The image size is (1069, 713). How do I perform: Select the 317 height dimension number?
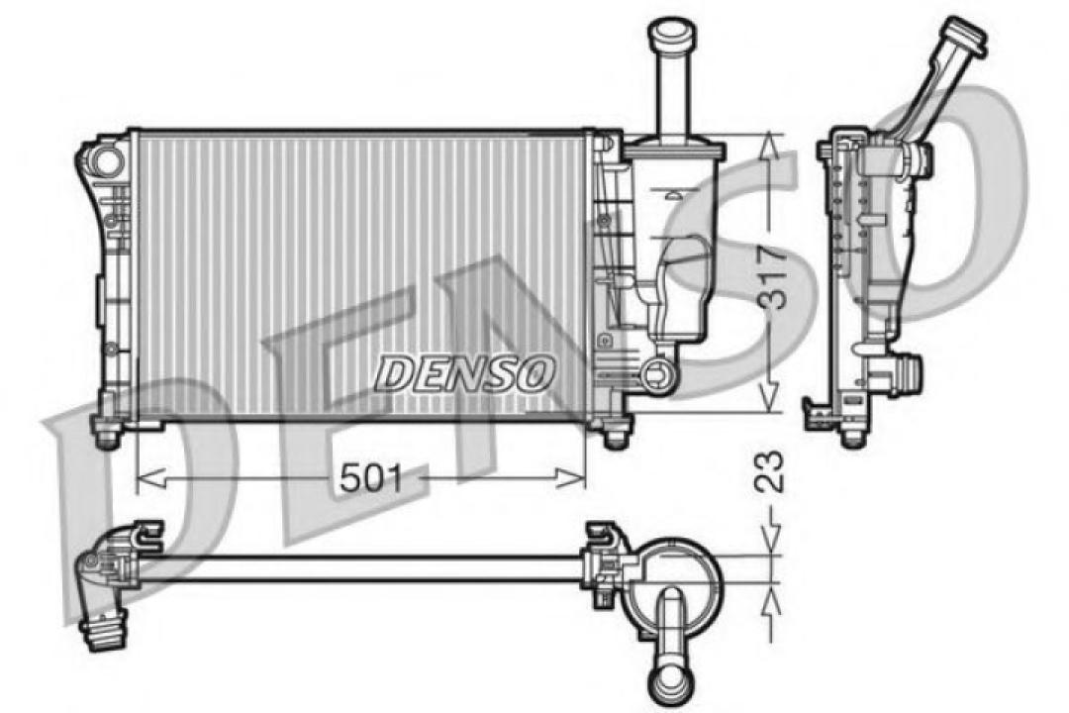(x=774, y=277)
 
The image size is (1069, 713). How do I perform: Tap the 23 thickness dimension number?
(x=774, y=473)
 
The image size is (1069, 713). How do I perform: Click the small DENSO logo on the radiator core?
(x=465, y=373)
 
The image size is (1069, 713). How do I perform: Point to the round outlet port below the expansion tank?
(x=656, y=373)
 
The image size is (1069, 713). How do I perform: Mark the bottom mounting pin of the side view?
(x=850, y=434)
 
